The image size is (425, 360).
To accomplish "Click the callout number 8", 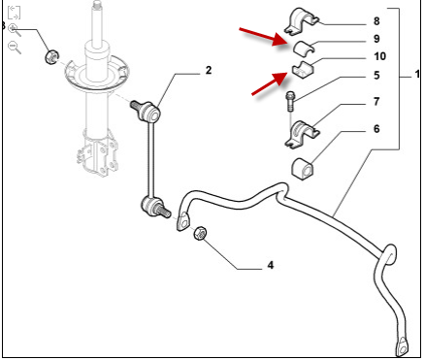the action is (376, 21).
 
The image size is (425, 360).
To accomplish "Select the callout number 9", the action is (376, 39).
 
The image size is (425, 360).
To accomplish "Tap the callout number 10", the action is (380, 56).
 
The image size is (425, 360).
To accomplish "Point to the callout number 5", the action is (376, 76).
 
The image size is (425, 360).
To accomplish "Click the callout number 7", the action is (376, 102).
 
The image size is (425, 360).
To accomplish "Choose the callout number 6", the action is (376, 129).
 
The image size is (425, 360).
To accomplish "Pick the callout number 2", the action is (209, 70).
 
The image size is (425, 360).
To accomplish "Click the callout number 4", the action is (271, 265).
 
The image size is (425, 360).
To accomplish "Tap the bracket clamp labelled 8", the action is (302, 21).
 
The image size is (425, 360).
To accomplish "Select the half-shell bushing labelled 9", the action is (304, 48).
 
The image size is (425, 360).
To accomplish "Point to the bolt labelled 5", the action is (290, 101).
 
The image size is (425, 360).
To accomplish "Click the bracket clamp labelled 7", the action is (302, 134).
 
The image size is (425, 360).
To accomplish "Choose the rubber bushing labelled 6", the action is (303, 168).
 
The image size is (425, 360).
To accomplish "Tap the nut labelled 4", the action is (201, 233).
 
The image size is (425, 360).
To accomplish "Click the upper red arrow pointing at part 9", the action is (264, 37).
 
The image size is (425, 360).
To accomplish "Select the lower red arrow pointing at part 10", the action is (270, 83).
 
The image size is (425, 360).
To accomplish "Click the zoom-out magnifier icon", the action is (15, 48).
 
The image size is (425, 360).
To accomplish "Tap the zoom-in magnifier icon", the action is (15, 30).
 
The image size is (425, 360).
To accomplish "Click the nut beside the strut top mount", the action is (51, 57).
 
